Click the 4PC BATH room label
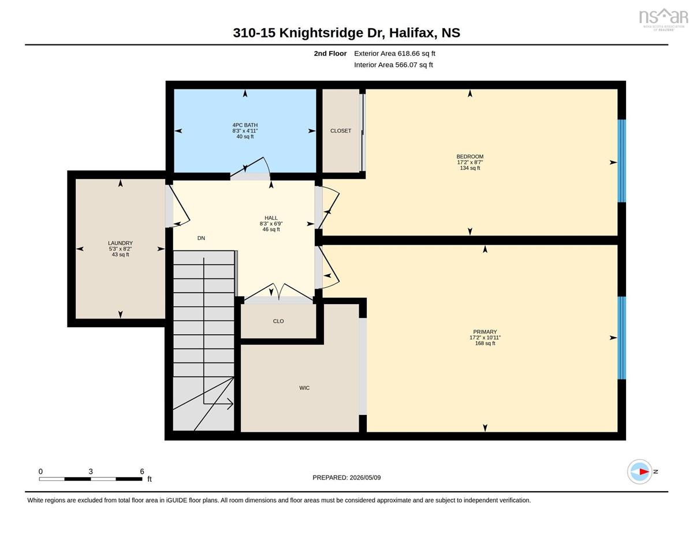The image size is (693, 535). tap(245, 125)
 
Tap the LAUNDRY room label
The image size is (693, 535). tap(120, 243)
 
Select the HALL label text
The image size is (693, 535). tap(271, 218)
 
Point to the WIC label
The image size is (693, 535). tap(304, 388)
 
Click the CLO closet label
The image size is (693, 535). tap(278, 321)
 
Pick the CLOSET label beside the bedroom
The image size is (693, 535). tap(341, 131)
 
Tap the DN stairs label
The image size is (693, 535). tap(201, 238)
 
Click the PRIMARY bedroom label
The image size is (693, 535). tap(485, 332)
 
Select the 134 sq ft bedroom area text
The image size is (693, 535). tap(470, 168)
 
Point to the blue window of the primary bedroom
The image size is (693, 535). tap(622, 338)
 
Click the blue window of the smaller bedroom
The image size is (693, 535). tap(622, 161)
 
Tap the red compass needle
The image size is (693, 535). tap(644, 472)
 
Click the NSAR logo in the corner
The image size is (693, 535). tap(664, 19)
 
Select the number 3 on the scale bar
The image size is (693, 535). tap(91, 472)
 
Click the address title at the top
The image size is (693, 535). tap(346, 33)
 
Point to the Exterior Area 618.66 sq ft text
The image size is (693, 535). tap(394, 54)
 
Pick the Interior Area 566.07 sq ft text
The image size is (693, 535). tap(393, 65)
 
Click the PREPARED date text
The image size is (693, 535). tap(346, 477)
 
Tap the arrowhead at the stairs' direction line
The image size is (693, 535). tap(230, 404)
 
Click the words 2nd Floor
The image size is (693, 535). tap(330, 54)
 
